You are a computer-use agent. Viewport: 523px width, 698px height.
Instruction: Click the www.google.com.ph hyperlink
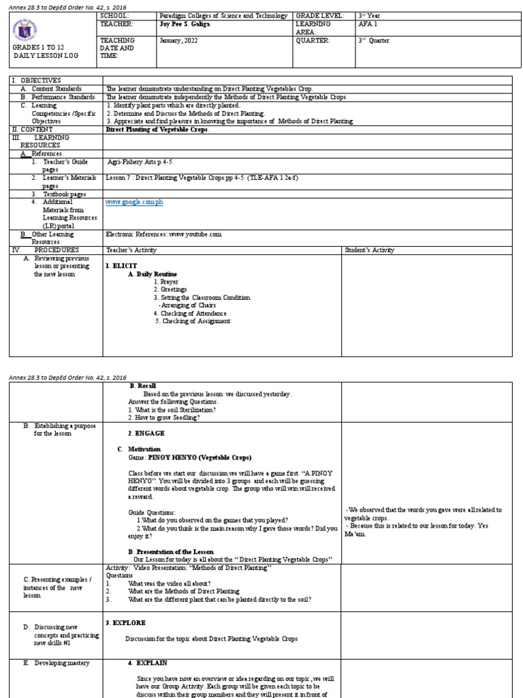[134, 202]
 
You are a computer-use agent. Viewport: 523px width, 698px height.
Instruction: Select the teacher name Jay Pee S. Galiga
[185, 24]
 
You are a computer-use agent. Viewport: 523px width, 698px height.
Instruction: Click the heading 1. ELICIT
[121, 265]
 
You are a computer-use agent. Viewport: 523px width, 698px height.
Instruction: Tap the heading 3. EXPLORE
[125, 622]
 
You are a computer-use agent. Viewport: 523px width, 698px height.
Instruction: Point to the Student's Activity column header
[369, 250]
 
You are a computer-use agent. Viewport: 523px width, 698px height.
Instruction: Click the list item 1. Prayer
[166, 281]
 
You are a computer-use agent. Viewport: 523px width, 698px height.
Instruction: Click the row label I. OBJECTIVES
[36, 80]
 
